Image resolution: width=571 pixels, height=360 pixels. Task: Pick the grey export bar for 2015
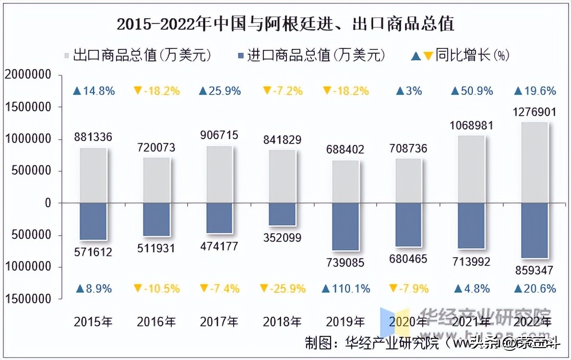pyautogui.click(x=93, y=175)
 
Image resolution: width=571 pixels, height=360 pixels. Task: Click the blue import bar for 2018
pyautogui.click(x=282, y=214)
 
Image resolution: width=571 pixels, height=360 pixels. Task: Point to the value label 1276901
pyautogui.click(x=535, y=113)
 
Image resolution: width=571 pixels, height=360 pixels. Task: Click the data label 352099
pyautogui.click(x=282, y=238)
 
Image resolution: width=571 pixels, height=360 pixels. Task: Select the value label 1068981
pyautogui.click(x=472, y=125)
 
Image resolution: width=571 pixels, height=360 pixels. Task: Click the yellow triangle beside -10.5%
pyautogui.click(x=138, y=288)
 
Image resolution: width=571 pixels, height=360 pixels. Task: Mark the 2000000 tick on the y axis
pyautogui.click(x=27, y=75)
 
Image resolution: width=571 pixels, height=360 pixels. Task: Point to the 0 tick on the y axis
pyautogui.click(x=48, y=203)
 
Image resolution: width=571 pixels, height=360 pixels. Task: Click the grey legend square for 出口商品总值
pyautogui.click(x=67, y=55)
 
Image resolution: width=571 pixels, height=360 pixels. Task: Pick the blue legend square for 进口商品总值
pyautogui.click(x=241, y=55)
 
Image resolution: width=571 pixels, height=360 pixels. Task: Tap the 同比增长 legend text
pyautogui.click(x=464, y=55)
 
